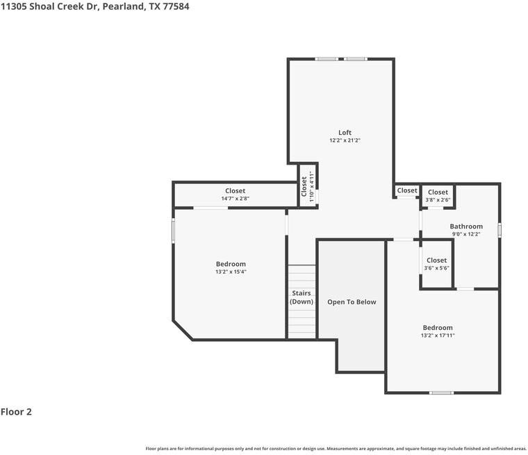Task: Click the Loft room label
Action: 345,132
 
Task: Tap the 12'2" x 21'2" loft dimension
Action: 345,140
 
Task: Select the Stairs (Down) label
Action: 301,297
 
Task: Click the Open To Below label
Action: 352,301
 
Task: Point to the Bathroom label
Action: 465,226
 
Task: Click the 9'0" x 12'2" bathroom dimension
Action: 465,234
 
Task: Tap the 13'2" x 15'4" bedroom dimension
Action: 231,272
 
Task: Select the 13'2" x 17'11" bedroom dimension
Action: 438,336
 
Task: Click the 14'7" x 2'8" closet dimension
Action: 235,199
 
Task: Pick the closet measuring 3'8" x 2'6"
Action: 438,196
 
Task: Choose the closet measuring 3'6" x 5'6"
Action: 437,264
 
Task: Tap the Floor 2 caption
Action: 16,411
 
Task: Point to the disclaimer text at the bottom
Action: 336,448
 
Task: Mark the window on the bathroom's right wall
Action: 499,229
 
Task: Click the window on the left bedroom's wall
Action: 173,231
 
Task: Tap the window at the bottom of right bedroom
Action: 440,392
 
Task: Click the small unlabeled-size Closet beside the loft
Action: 407,190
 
